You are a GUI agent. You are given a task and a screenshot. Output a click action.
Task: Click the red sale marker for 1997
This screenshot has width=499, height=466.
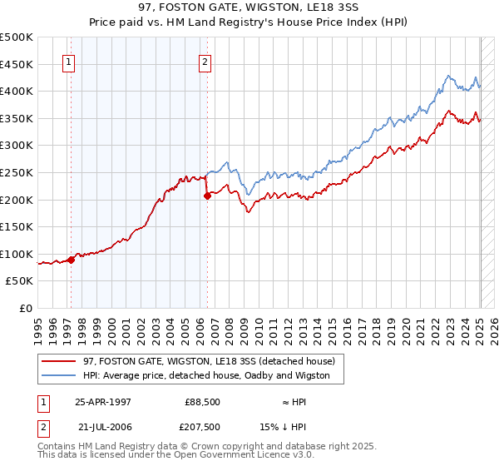point(72,260)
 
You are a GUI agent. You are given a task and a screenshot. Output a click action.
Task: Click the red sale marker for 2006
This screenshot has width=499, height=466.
point(207,196)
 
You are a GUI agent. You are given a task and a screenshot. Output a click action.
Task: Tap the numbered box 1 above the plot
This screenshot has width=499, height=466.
point(67,61)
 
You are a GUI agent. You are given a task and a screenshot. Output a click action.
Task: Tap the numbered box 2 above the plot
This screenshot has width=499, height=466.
point(205,61)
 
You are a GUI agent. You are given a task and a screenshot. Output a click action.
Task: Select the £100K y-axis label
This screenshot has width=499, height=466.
point(17,254)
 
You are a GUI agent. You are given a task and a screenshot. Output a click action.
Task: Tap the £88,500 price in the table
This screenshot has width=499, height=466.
point(203,402)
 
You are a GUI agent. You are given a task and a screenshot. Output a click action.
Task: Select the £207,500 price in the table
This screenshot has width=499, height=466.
point(203,427)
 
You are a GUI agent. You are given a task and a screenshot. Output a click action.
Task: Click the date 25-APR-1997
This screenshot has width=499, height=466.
point(103,402)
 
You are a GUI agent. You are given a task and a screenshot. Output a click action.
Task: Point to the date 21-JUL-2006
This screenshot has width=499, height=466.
point(103,427)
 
